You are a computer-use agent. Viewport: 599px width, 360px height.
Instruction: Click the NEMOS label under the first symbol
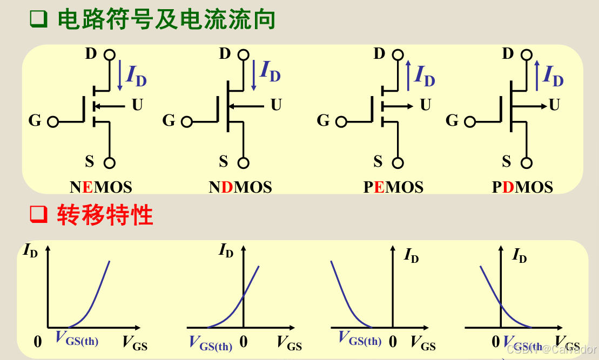coord(100,187)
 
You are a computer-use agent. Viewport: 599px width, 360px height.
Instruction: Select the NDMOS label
coord(240,187)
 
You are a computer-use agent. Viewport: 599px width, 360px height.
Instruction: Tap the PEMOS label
coord(393,187)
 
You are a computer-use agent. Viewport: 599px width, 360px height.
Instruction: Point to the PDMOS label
coord(522,187)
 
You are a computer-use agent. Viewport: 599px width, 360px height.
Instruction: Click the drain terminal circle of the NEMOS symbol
coord(109,55)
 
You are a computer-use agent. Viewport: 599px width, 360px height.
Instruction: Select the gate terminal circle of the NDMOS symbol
coord(187,121)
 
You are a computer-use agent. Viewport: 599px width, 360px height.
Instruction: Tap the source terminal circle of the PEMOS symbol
coord(398,162)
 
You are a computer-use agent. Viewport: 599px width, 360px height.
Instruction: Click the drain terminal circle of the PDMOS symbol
coord(527,55)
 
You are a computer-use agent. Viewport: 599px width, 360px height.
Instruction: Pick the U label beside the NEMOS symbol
coord(137,105)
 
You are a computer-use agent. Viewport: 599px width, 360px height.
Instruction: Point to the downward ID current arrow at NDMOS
coord(253,74)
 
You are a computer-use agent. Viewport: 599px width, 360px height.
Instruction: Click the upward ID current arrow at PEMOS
coord(408,74)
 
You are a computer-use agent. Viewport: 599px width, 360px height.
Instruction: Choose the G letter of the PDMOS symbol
coord(452,120)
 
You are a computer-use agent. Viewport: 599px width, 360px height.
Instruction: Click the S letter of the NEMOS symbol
coord(90,161)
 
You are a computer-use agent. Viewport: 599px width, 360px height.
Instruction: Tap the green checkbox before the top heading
coord(38,19)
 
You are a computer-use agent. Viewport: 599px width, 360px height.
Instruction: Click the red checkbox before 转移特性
coord(38,215)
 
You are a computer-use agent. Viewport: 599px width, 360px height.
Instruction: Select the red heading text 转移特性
coord(105,215)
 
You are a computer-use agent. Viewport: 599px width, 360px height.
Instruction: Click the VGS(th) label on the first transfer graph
coord(77,339)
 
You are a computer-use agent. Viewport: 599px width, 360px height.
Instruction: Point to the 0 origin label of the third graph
coord(393,342)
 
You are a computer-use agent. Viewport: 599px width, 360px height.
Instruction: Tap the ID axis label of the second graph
coord(226,250)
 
